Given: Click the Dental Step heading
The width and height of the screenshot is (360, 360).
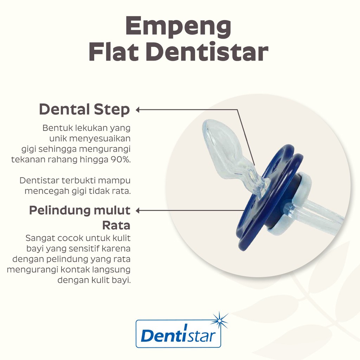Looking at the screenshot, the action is point(84,110).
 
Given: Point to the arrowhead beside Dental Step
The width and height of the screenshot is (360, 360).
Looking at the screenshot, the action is point(137,110).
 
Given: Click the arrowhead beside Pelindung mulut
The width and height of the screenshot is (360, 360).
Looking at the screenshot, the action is point(137,211).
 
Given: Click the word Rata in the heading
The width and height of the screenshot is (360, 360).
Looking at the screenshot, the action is point(116,225).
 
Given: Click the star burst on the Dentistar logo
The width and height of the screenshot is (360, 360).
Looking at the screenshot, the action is point(220,320).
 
